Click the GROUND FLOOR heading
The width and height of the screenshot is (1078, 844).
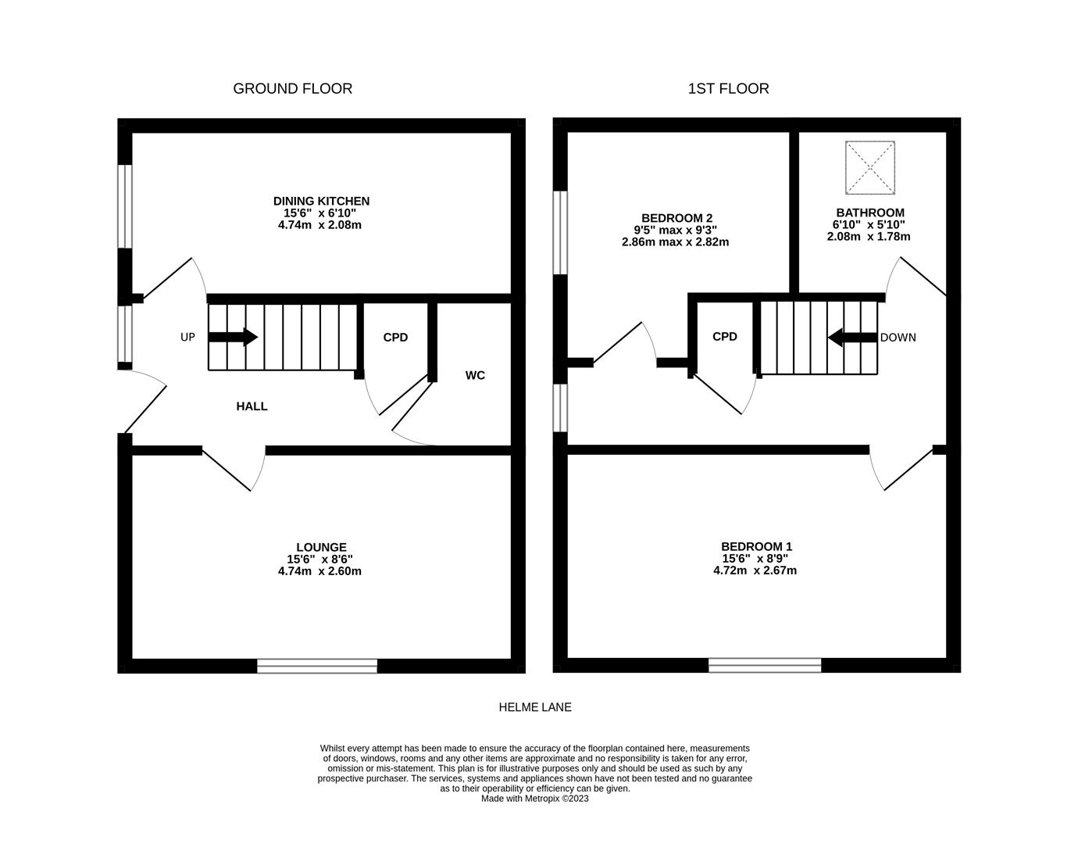pyautogui.click(x=292, y=89)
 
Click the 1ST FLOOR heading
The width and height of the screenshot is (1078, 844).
pyautogui.click(x=728, y=89)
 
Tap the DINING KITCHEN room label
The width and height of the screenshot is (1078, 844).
pyautogui.click(x=321, y=202)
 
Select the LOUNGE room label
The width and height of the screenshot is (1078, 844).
pyautogui.click(x=321, y=548)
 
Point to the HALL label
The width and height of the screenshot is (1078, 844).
pyautogui.click(x=252, y=406)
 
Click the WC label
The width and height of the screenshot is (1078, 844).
pyautogui.click(x=475, y=375)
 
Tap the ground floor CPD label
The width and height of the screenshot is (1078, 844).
pyautogui.click(x=395, y=338)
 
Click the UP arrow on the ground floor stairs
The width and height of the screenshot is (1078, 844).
pyautogui.click(x=233, y=338)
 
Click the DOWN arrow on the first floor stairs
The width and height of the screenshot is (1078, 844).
pyautogui.click(x=852, y=338)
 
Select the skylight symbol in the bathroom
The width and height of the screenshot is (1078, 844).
pyautogui.click(x=869, y=167)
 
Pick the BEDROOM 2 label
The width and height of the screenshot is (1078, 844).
pyautogui.click(x=676, y=219)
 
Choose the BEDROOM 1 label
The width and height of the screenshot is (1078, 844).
pyautogui.click(x=756, y=547)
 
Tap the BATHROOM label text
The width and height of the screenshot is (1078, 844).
pyautogui.click(x=869, y=213)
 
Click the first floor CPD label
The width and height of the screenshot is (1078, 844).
pyautogui.click(x=725, y=337)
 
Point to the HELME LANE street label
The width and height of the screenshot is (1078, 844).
pyautogui.click(x=535, y=707)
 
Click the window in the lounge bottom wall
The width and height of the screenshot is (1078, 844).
pyautogui.click(x=317, y=666)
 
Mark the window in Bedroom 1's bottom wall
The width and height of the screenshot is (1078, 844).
pyautogui.click(x=765, y=666)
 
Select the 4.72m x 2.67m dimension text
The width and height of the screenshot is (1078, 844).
pyautogui.click(x=755, y=570)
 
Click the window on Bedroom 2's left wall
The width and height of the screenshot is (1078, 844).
pyautogui.click(x=560, y=233)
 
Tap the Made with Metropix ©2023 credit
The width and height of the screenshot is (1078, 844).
pyautogui.click(x=535, y=799)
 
